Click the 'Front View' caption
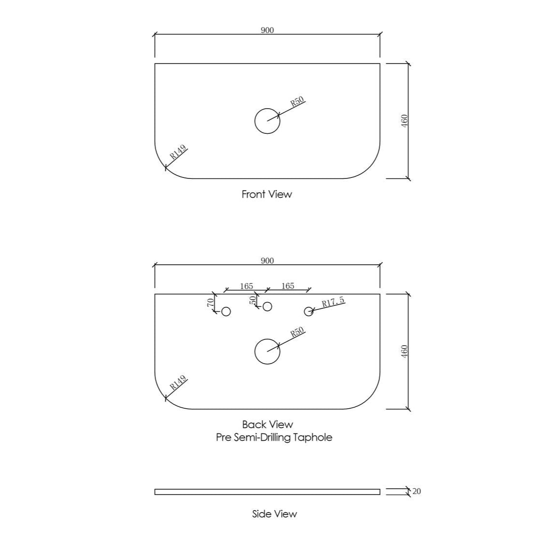click(x=267, y=194)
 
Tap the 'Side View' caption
click(x=274, y=514)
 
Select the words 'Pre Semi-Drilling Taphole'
click(x=274, y=437)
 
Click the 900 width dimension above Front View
click(x=267, y=30)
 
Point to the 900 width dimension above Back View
click(x=267, y=261)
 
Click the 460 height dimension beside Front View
click(x=404, y=121)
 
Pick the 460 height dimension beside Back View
click(x=404, y=352)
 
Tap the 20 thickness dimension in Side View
click(x=416, y=492)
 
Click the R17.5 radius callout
click(x=333, y=302)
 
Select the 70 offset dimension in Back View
click(x=211, y=303)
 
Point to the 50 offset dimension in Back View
click(x=253, y=300)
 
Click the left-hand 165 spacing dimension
click(x=246, y=286)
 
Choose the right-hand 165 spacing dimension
click(x=288, y=286)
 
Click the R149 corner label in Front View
click(x=178, y=152)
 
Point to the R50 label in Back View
click(x=297, y=332)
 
